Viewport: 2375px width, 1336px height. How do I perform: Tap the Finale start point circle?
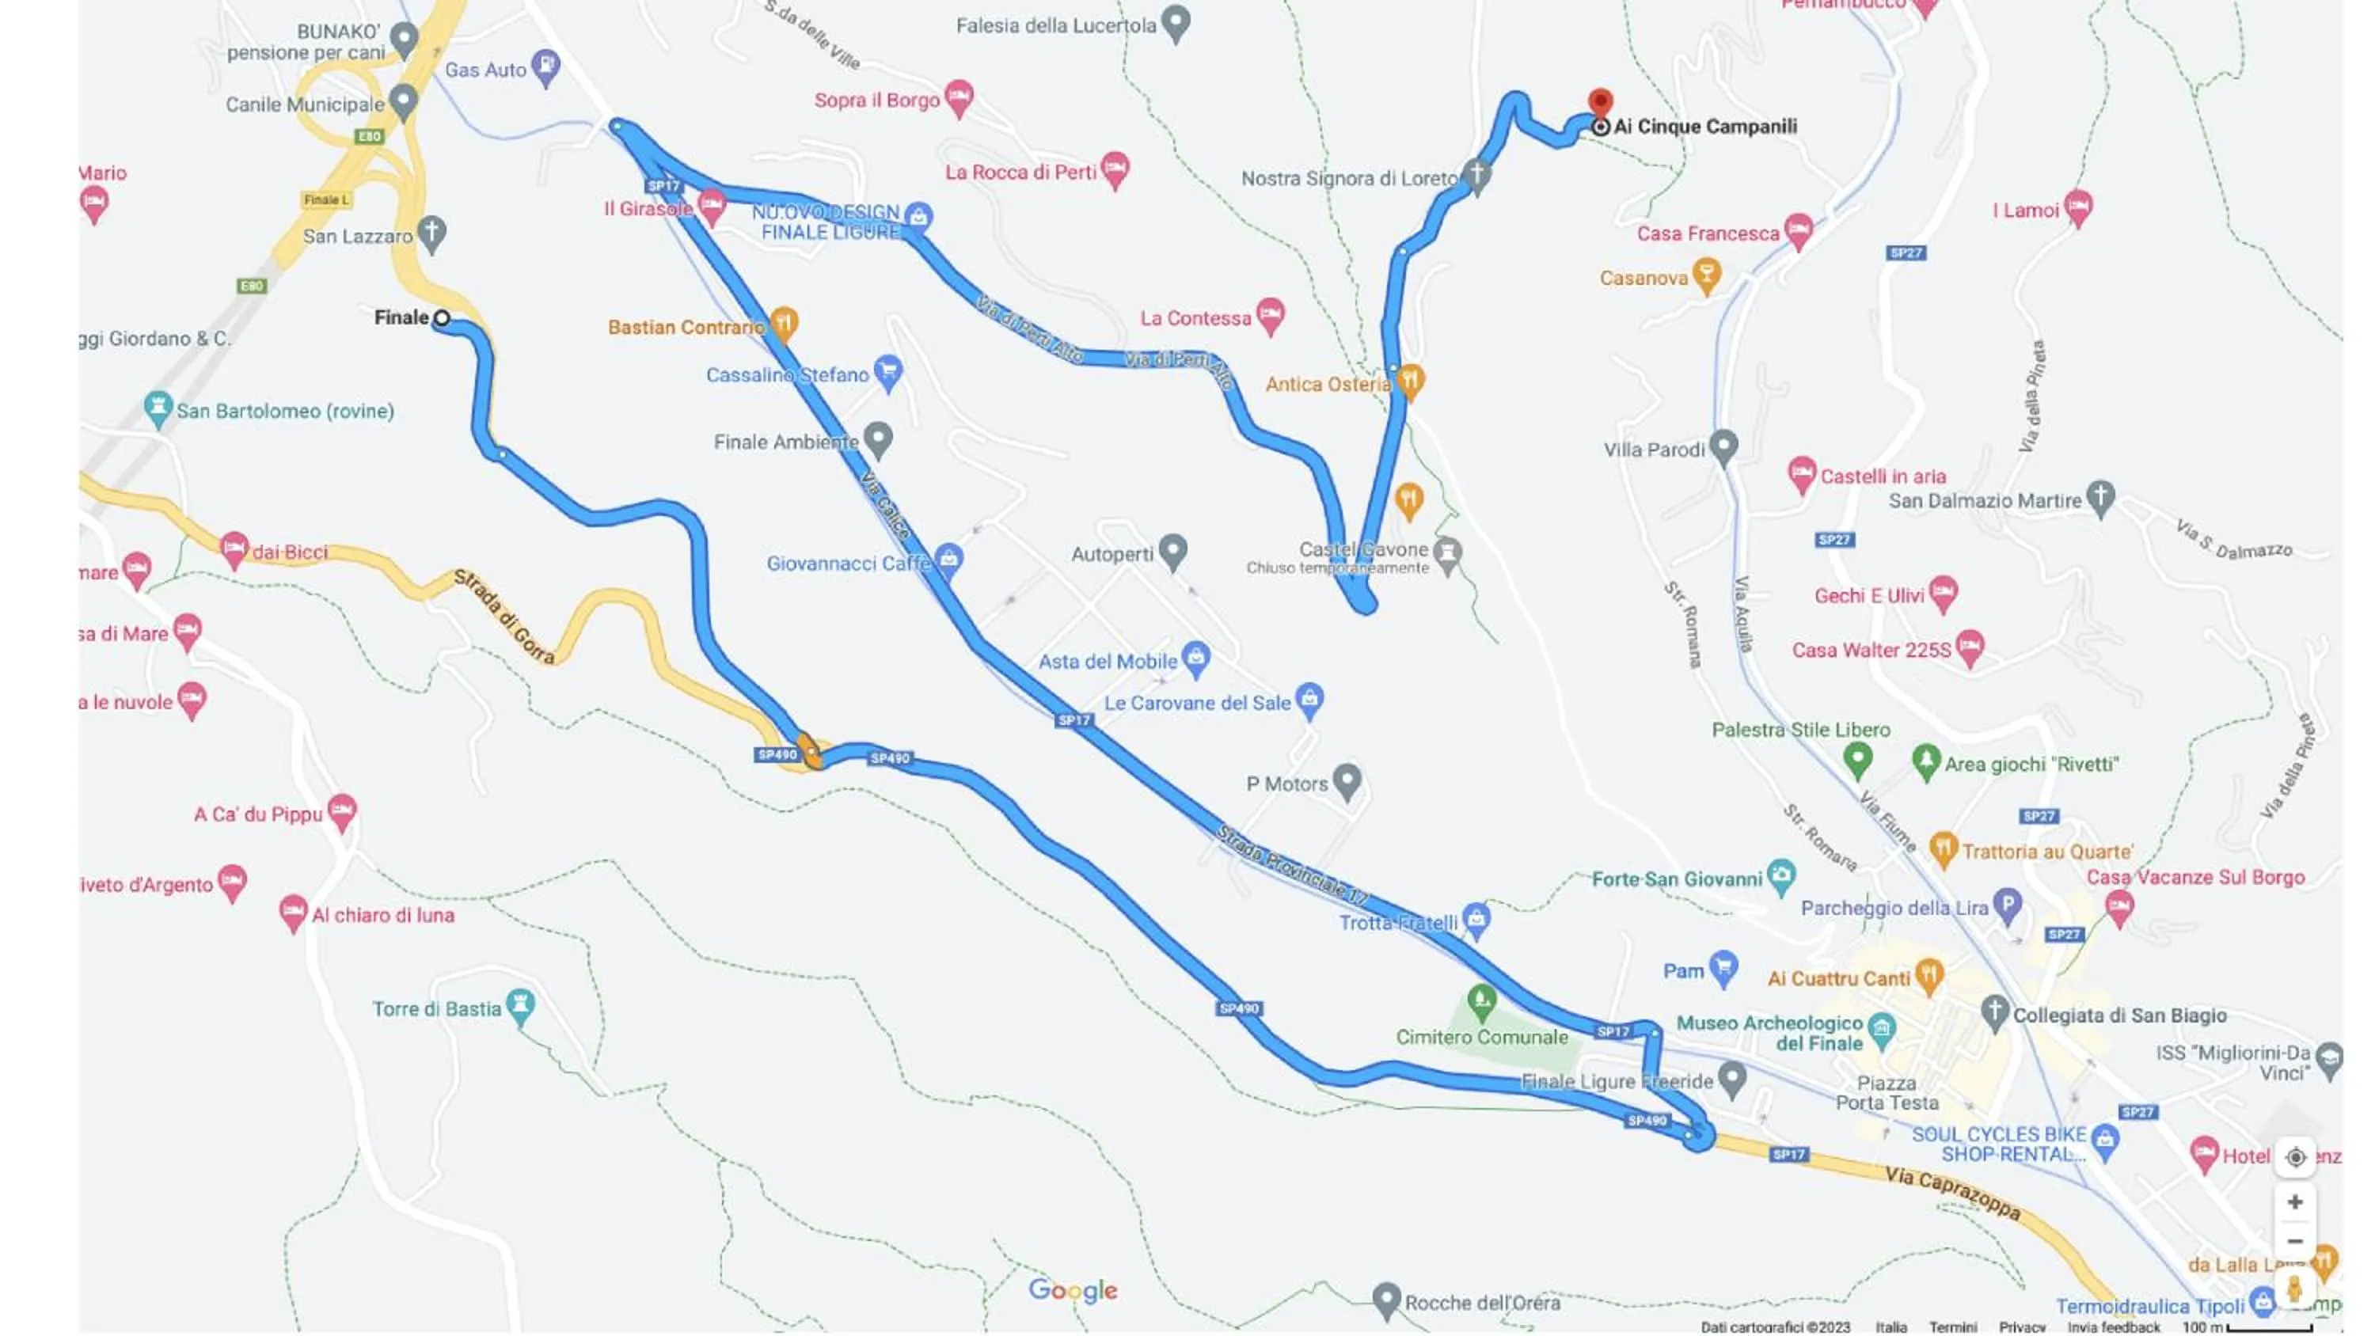tap(442, 318)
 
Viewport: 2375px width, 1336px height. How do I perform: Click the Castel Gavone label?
tap(1362, 549)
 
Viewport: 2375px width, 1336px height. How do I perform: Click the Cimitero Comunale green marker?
tap(1482, 1000)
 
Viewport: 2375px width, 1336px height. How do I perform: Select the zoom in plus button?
tap(2295, 1201)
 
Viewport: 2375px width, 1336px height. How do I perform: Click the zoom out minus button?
tap(2295, 1241)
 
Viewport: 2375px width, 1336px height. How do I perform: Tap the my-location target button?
tap(2295, 1157)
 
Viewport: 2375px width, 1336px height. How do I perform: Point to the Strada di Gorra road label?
tap(504, 616)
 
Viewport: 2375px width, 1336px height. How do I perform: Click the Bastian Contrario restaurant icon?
tap(784, 323)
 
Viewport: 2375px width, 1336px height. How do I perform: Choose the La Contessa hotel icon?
tap(1271, 314)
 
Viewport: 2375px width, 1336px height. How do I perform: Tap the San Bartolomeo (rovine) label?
tap(284, 412)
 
